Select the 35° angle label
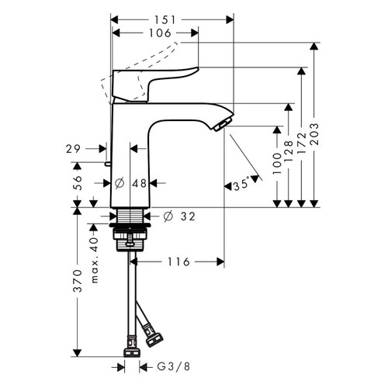241,185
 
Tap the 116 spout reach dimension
178,262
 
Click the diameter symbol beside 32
168,217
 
